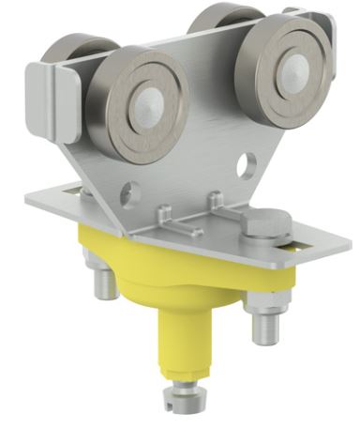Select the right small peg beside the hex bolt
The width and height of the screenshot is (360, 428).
[215, 200]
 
